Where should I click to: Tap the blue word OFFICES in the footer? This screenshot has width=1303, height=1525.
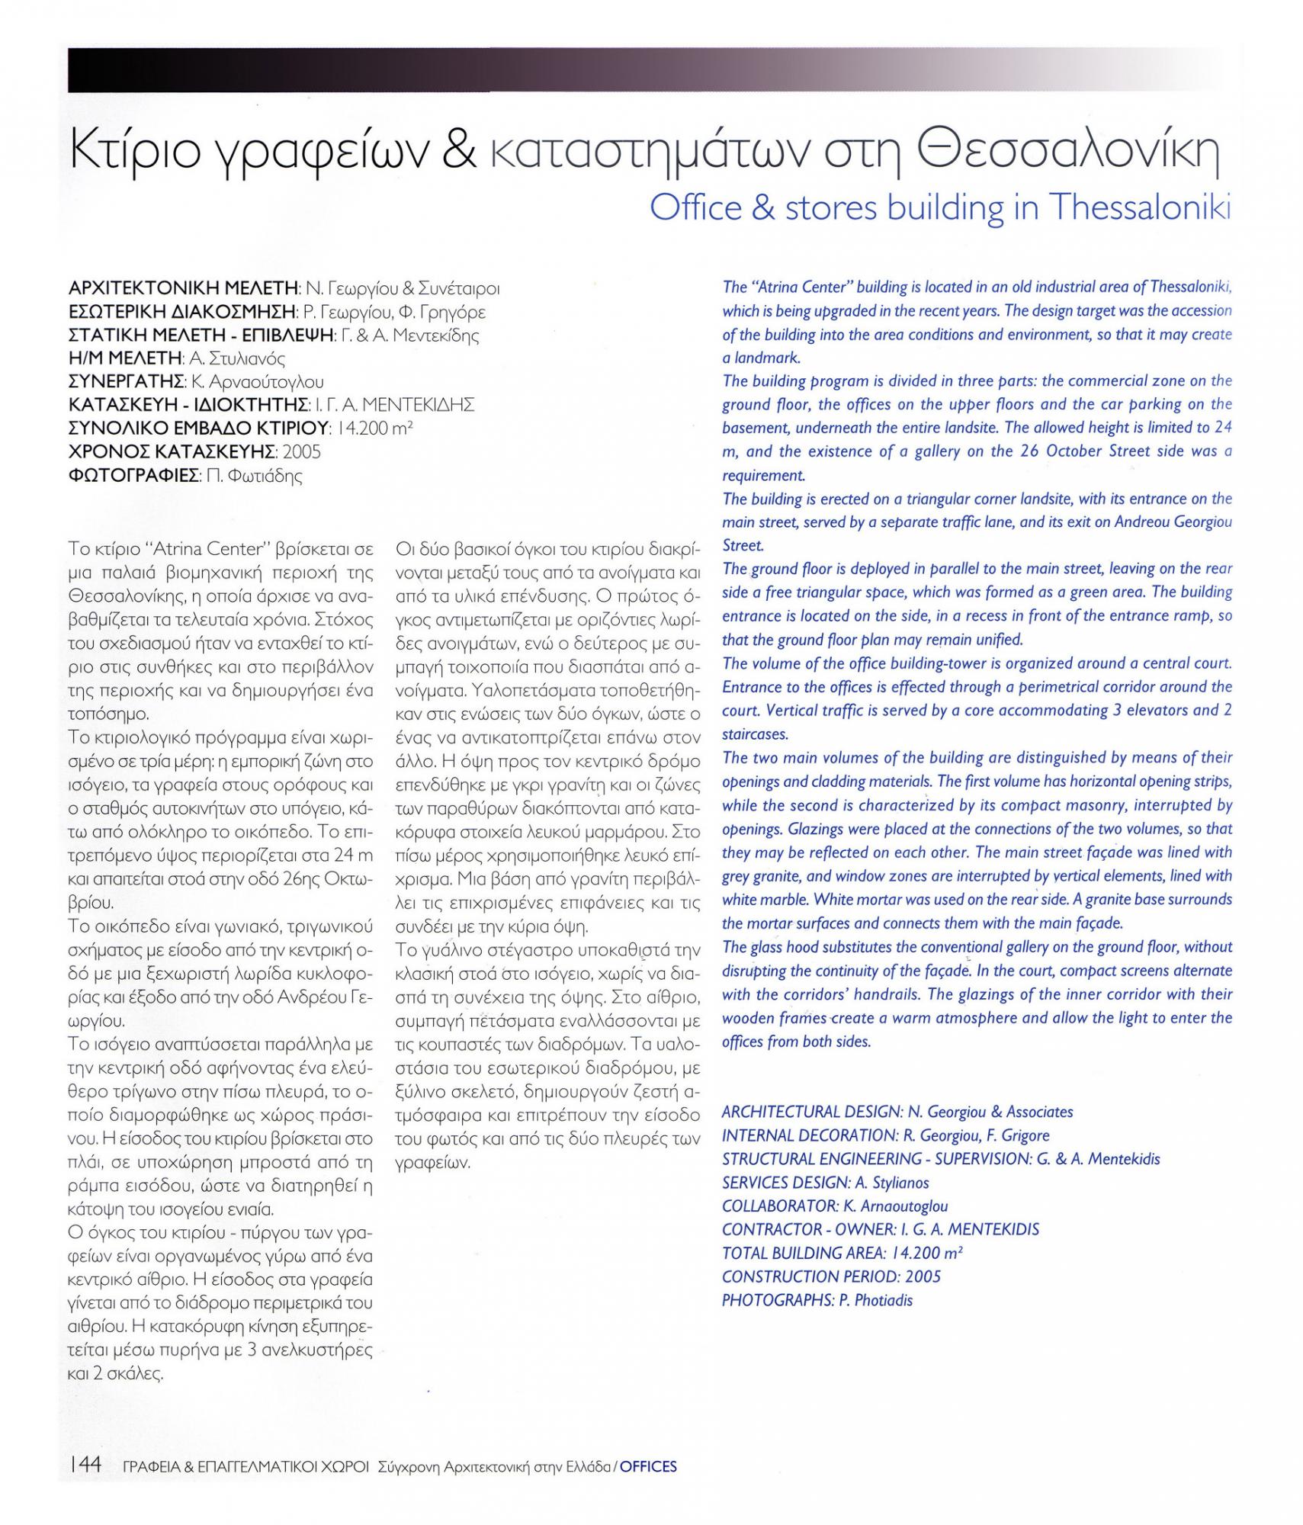(x=647, y=1466)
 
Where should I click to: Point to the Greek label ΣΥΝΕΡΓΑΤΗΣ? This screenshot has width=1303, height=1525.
(x=125, y=381)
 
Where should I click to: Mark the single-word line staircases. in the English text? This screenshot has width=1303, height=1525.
(x=755, y=734)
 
